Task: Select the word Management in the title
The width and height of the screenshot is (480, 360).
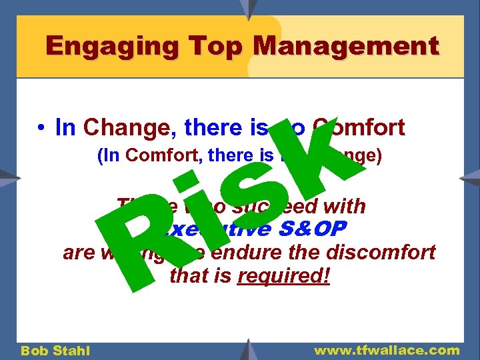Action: [x=347, y=46]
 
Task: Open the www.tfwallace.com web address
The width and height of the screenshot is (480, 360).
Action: [x=387, y=350]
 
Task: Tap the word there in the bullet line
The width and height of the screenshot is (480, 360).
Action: [x=206, y=127]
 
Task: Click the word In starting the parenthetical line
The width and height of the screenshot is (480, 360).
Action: [x=107, y=156]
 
